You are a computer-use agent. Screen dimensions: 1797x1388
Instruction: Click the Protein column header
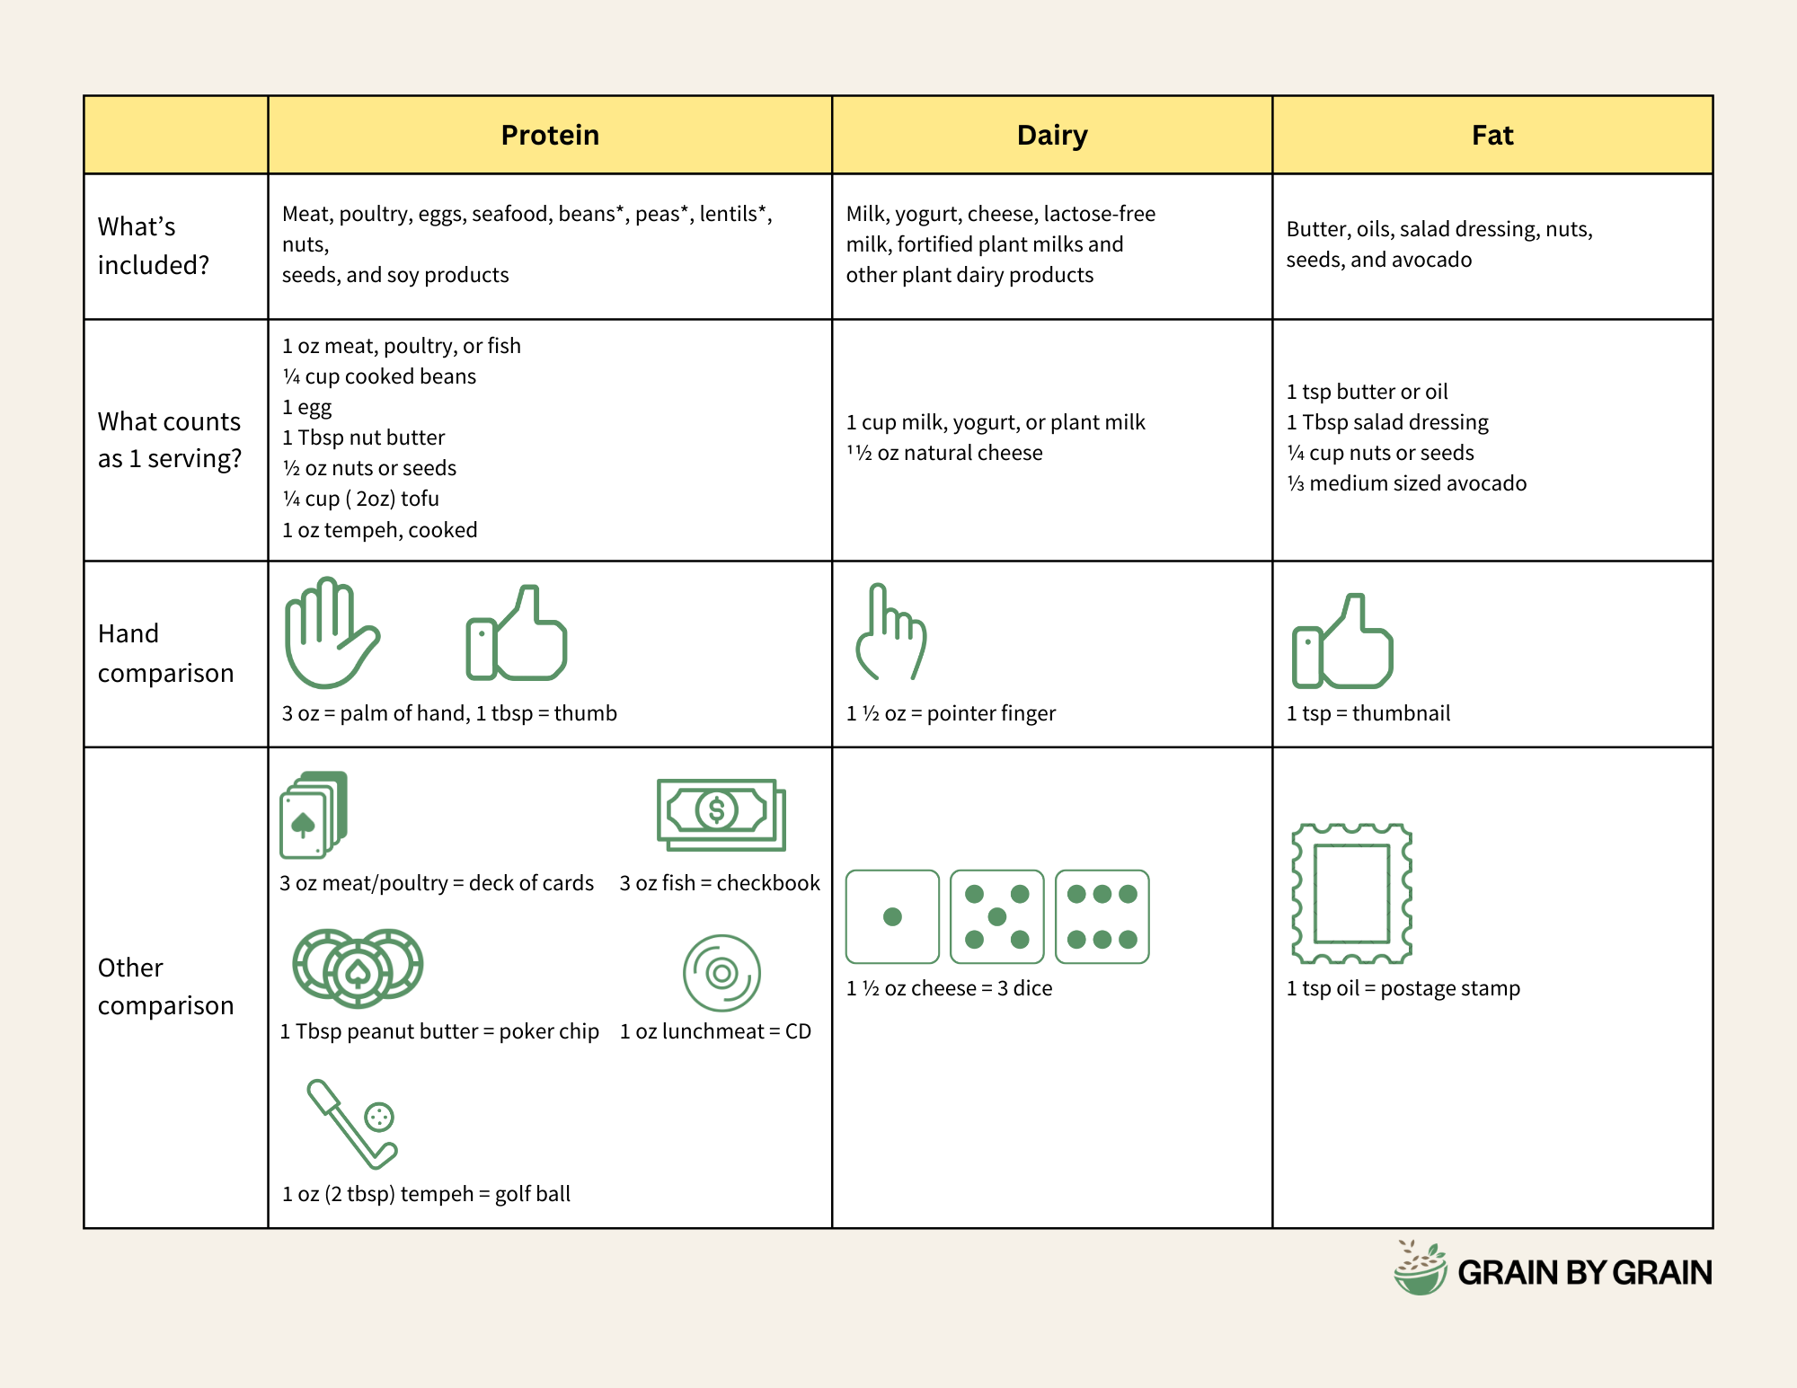pos(550,136)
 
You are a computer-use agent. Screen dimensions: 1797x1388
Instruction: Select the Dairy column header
pos(1052,136)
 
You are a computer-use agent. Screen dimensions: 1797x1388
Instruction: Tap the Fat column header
pos(1492,136)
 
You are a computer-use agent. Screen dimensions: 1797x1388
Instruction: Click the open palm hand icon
pos(331,632)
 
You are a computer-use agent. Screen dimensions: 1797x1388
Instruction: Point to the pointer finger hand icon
pos(890,632)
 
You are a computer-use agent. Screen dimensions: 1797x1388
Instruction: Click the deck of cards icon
pos(314,815)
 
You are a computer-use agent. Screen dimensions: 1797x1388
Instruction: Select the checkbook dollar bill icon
pos(721,815)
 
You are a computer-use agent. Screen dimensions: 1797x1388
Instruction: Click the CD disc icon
pos(721,973)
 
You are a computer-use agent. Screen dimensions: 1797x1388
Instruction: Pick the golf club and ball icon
pos(353,1124)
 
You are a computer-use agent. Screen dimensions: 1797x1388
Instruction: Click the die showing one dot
pos(892,916)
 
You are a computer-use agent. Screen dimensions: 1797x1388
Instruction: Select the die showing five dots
pos(996,916)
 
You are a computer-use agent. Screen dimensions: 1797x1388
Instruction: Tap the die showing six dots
pos(1102,916)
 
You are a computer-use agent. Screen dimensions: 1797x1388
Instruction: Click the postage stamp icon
pos(1351,893)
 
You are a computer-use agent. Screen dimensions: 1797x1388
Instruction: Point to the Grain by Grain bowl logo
pos(1421,1269)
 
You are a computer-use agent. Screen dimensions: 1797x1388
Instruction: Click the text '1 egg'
pos(307,407)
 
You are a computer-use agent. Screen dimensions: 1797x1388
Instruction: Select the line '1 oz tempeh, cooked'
pos(379,530)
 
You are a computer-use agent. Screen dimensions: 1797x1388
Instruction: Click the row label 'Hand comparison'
pos(165,653)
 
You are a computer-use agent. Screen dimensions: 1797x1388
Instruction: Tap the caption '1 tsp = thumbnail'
pos(1368,713)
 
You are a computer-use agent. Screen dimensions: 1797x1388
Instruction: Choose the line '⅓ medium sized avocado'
pos(1406,483)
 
